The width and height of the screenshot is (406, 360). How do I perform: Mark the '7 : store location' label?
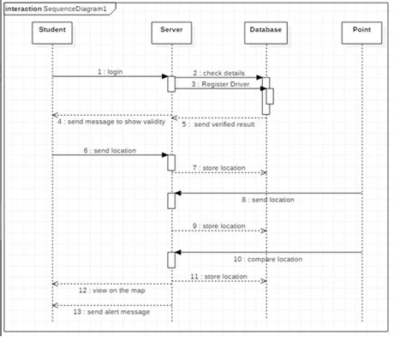click(218, 167)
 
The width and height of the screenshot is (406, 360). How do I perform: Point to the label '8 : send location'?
click(266, 199)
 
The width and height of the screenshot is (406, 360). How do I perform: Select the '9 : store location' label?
click(218, 225)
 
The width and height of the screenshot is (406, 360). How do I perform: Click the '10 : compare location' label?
click(268, 258)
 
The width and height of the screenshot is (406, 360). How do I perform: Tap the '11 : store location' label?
click(219, 276)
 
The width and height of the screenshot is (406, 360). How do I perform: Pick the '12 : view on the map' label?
click(110, 291)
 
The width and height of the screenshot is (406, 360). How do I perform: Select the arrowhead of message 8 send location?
click(178, 193)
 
